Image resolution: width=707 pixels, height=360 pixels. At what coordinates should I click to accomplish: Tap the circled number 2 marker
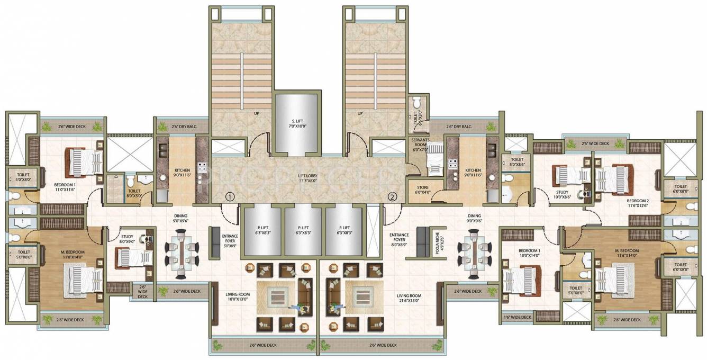(x=392, y=196)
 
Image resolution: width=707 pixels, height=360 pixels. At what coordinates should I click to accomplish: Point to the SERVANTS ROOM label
(x=424, y=143)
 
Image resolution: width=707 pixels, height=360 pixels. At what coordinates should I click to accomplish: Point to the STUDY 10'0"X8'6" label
(x=561, y=195)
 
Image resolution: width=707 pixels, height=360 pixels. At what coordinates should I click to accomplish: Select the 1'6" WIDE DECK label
(x=518, y=317)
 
